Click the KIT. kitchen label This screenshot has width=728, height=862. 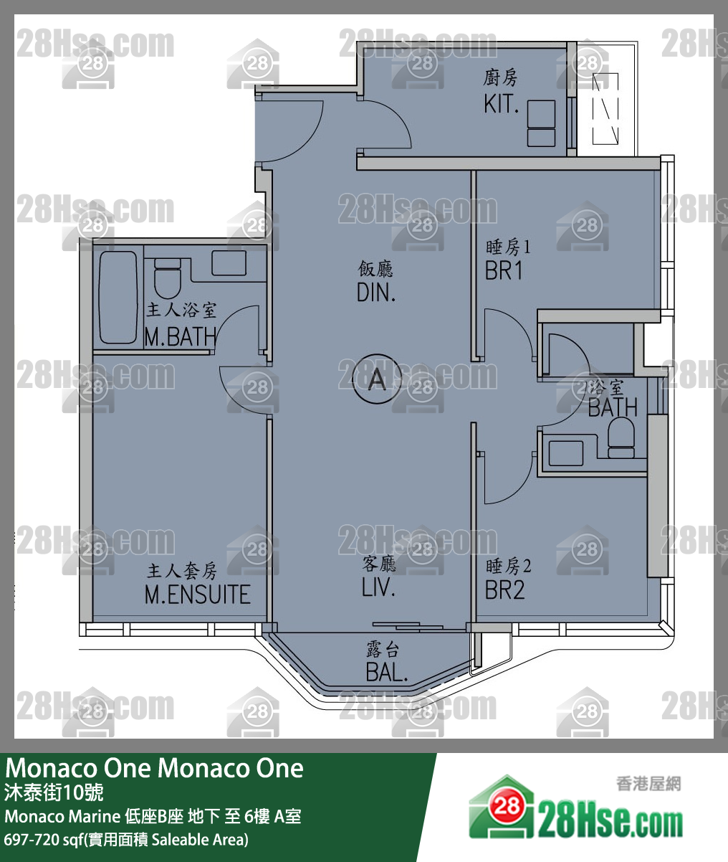coord(501,103)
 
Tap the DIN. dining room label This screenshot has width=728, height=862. coord(376,292)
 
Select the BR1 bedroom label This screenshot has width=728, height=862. coord(504,270)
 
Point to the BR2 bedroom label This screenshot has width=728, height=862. coord(505,589)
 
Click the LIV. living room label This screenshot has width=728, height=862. coord(378,587)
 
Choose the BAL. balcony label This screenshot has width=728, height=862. coord(386,672)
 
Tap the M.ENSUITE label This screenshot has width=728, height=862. coord(197,594)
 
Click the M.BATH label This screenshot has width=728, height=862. coord(180,336)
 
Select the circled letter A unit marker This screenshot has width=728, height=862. coord(377,379)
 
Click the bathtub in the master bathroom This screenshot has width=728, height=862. coord(118,297)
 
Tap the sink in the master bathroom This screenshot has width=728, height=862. coord(229,262)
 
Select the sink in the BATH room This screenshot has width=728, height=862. coord(565,453)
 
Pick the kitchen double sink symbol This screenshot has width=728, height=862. coord(541,124)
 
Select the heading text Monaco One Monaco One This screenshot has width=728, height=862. coord(155,769)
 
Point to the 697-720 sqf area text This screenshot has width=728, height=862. coord(126,839)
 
